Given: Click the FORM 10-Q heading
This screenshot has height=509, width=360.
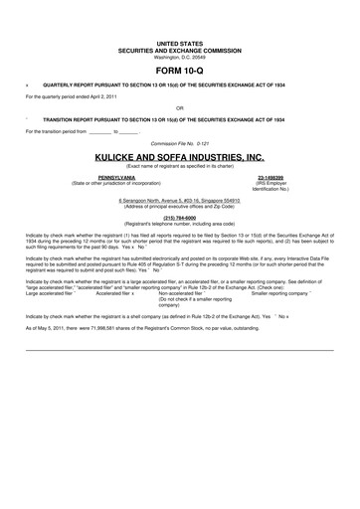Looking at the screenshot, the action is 179,73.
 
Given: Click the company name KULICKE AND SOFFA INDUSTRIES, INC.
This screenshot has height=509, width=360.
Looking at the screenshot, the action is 179,157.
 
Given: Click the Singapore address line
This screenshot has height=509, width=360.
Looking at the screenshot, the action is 179,200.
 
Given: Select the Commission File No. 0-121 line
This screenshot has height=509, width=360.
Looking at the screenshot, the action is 179,142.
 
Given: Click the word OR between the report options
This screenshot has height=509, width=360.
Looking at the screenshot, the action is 179,106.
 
